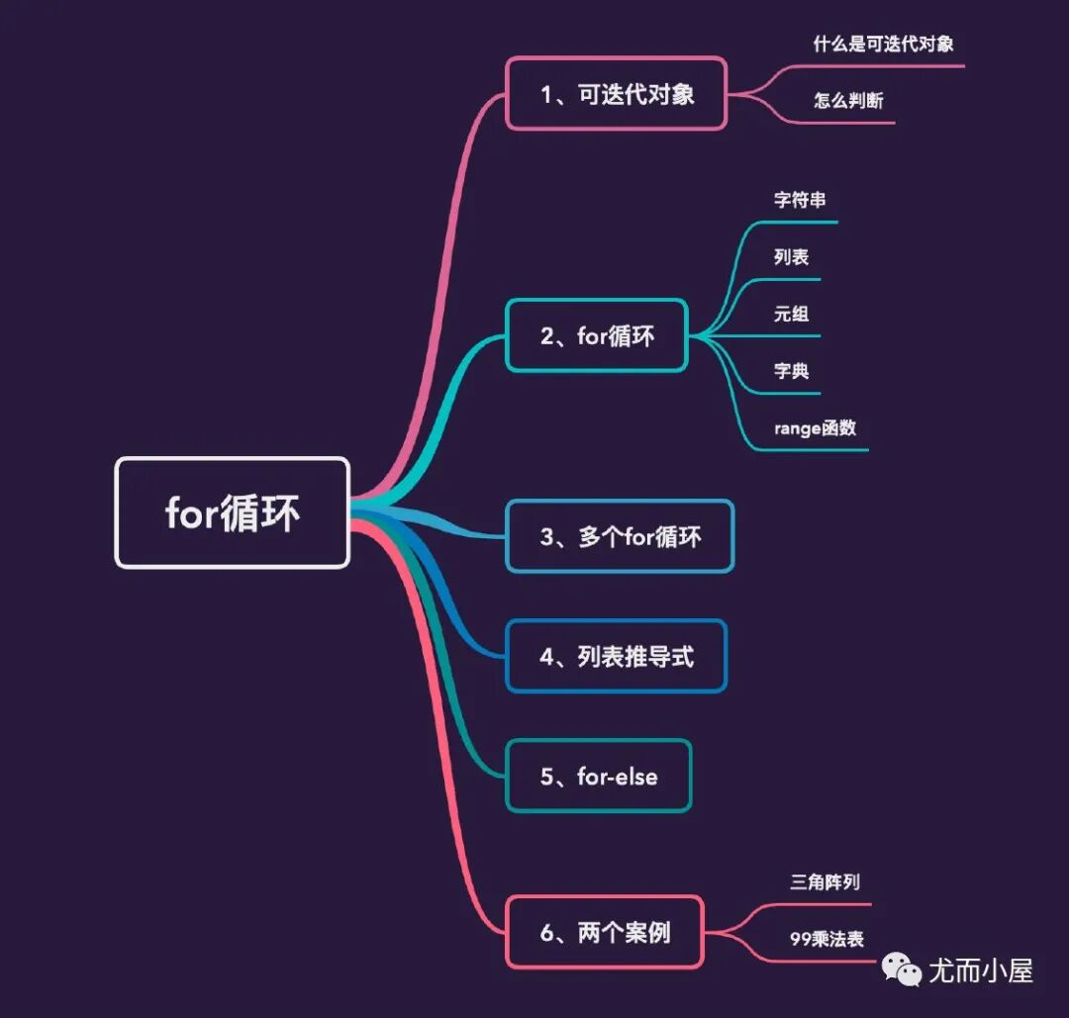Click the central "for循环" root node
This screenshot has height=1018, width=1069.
tap(233, 512)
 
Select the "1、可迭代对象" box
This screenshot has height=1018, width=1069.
tap(617, 94)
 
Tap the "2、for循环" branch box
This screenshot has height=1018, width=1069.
tap(597, 335)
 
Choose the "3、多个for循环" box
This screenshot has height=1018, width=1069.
tap(620, 536)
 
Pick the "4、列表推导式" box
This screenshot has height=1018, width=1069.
tap(616, 656)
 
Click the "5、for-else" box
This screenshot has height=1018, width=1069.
tap(598, 777)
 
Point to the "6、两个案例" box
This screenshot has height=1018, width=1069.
tap(604, 931)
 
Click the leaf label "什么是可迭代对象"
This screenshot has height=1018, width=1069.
tap(883, 44)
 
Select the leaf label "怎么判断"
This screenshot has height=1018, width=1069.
tap(848, 100)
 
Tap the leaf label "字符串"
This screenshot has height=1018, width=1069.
tap(800, 200)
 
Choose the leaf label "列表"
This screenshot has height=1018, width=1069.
tap(791, 257)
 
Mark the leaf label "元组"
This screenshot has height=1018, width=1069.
tap(791, 315)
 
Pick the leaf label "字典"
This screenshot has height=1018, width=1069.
tap(791, 372)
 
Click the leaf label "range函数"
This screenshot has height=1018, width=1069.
tap(815, 428)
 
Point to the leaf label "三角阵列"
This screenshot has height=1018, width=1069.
tap(818, 881)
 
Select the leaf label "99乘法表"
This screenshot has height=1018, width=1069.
tap(826, 938)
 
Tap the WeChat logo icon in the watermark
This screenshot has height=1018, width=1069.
tap(903, 971)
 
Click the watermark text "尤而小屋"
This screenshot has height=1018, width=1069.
tap(980, 971)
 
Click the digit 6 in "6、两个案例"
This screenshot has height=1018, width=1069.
tap(547, 931)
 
